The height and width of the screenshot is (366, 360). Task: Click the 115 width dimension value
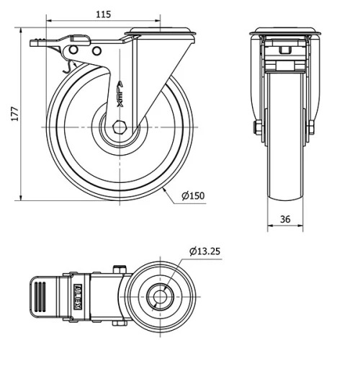[104, 14]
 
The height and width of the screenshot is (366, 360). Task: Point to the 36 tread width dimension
[285, 219]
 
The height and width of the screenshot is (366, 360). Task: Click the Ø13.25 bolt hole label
[204, 251]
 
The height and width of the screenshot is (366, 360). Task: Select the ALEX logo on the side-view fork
[120, 93]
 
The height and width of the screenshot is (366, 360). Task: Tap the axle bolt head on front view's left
[257, 128]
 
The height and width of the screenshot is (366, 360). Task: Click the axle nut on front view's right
[311, 128]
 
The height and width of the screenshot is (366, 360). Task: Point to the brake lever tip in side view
[35, 43]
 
